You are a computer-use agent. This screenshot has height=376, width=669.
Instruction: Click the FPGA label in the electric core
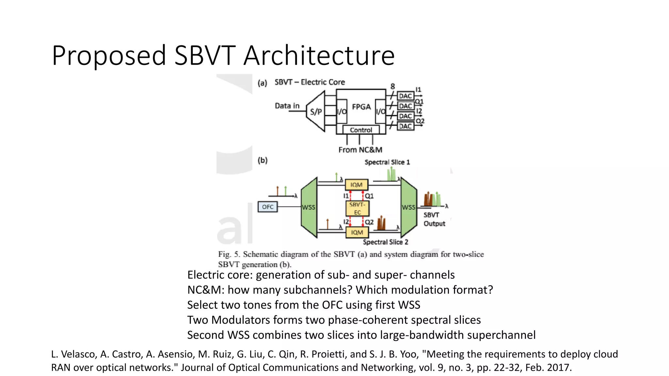(361, 107)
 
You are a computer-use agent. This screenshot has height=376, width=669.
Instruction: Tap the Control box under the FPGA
(361, 130)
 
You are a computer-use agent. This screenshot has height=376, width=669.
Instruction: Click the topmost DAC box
(405, 96)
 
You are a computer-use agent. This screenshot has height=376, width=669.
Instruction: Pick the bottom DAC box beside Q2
(405, 126)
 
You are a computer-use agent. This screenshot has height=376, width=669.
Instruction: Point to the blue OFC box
(268, 207)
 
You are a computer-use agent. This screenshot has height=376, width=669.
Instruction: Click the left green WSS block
(309, 207)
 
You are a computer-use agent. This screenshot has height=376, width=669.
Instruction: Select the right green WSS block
(408, 207)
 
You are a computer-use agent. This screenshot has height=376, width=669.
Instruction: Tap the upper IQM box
(356, 185)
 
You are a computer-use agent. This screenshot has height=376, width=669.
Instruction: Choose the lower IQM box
(357, 232)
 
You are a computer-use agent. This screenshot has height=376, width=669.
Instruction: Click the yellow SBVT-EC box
(357, 209)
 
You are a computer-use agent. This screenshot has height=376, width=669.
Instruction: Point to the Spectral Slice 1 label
(387, 162)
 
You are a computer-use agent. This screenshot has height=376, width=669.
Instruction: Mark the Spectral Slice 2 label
(385, 242)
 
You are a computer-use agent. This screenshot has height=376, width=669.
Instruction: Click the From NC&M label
(360, 150)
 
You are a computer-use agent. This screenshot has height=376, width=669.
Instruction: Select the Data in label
(287, 106)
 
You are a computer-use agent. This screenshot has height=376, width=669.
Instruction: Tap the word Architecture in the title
(319, 55)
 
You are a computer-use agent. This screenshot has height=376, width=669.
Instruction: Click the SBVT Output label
(434, 219)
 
